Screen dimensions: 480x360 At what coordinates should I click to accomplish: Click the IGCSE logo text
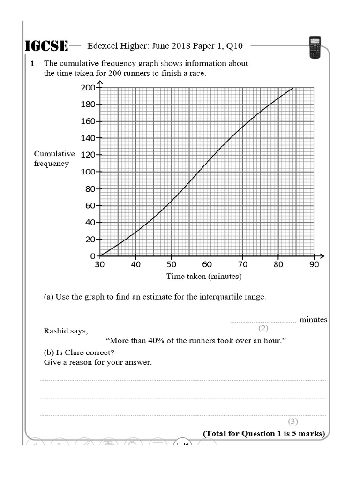coord(46,46)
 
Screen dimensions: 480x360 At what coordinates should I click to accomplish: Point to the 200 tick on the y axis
coord(88,88)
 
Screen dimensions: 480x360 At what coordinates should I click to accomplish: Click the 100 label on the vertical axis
coord(88,172)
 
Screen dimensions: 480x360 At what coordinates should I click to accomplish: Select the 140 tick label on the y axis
coord(88,138)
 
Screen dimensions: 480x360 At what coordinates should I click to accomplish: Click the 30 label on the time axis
coord(100,264)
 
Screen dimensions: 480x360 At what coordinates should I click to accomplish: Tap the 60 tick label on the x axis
coord(207,264)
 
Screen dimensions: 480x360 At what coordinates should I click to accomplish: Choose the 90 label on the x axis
coord(314,264)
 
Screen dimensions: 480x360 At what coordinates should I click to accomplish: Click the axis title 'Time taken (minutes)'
coord(204,277)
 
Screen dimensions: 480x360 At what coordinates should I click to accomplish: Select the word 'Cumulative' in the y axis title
coord(54,154)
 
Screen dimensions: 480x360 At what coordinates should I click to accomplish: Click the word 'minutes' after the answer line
coord(313,320)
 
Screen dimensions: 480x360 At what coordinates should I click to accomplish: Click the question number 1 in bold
coord(33,63)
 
